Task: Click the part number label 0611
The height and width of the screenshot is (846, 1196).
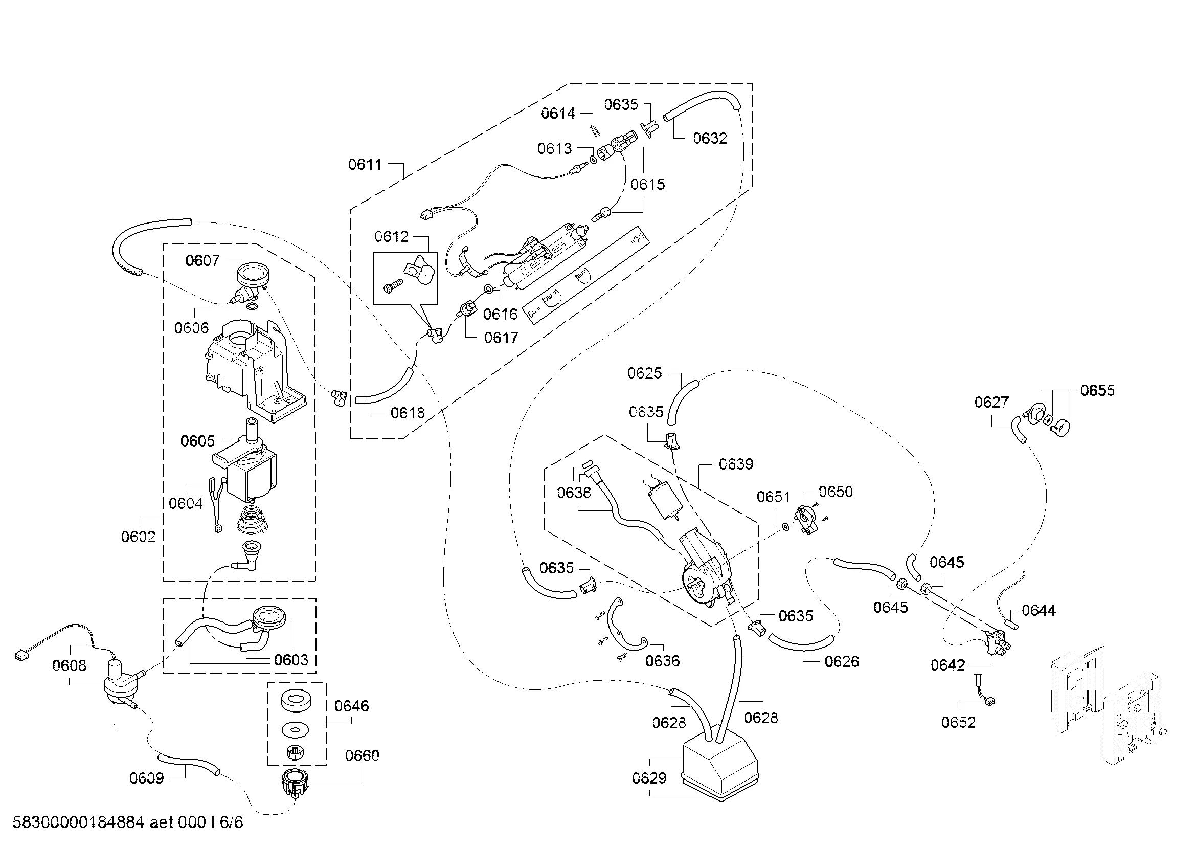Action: point(365,165)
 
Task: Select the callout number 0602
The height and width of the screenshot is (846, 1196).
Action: point(138,537)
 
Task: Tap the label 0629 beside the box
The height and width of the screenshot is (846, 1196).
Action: point(649,778)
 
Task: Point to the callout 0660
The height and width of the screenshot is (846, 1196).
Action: point(362,755)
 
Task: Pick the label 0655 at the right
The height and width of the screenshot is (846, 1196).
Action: point(1097,390)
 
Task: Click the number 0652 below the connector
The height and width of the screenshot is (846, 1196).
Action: point(958,722)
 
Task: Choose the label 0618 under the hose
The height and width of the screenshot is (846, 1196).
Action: point(408,413)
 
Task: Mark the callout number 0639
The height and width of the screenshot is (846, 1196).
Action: point(735,464)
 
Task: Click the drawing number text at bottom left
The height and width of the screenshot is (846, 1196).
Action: point(128,822)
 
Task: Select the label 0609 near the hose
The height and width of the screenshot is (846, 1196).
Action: point(146,778)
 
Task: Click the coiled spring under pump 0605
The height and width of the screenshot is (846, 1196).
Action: point(252,518)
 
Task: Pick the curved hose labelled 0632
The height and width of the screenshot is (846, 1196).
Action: point(703,104)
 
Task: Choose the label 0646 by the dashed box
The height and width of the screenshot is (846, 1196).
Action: point(352,706)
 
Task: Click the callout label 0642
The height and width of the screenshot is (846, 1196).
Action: point(947,665)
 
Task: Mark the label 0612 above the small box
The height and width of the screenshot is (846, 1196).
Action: point(391,236)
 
